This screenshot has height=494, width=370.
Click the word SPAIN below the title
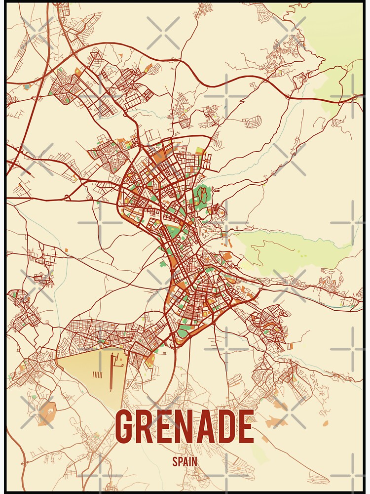[x=185, y=462]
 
